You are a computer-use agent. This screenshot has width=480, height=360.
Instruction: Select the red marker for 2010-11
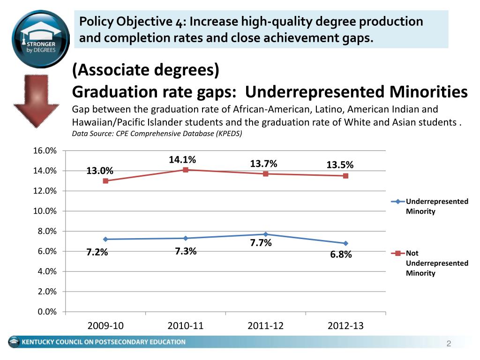click(x=186, y=170)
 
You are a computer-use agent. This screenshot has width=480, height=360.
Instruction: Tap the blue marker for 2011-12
click(x=266, y=234)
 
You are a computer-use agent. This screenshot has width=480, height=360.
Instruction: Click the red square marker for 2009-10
click(x=105, y=181)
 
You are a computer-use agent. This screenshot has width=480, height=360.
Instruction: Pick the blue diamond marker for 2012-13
click(x=345, y=243)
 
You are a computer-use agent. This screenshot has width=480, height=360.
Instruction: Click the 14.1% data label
click(x=182, y=160)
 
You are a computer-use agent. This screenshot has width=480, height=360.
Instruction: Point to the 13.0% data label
click(x=99, y=171)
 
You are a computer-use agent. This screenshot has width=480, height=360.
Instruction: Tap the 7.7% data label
click(x=261, y=243)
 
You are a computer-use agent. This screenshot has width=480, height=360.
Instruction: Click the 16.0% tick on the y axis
click(x=45, y=151)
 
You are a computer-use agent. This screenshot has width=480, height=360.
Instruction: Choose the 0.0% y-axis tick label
click(x=46, y=312)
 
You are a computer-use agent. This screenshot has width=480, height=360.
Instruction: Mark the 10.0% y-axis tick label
click(x=45, y=211)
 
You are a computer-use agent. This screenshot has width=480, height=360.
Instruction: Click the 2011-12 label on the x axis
click(x=265, y=326)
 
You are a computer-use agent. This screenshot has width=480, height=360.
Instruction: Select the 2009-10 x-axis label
click(x=105, y=326)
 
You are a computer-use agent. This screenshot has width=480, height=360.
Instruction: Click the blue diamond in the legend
click(x=398, y=202)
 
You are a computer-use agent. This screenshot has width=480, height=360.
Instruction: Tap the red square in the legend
click(x=398, y=253)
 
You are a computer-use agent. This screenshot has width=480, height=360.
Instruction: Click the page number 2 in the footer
click(x=448, y=345)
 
